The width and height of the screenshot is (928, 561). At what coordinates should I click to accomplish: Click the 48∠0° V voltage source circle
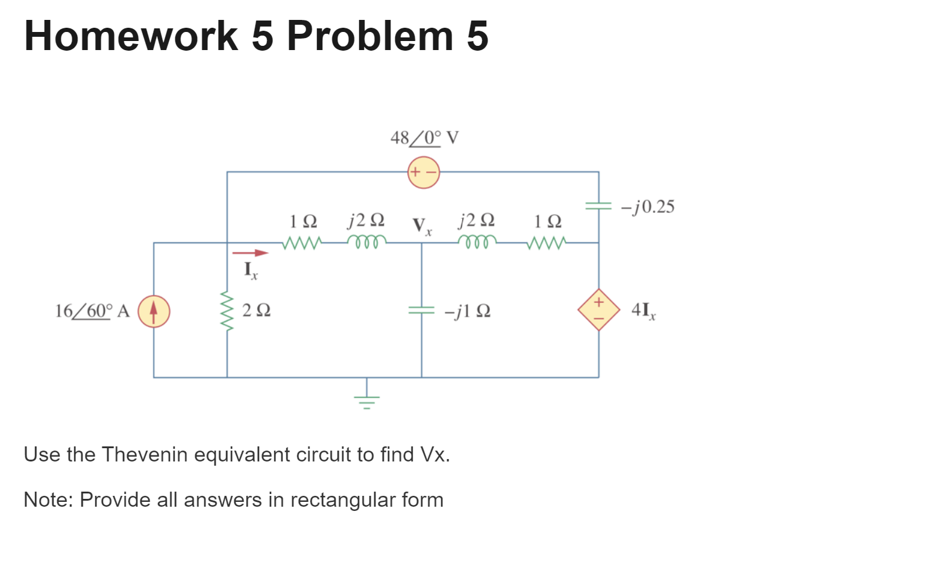(x=424, y=173)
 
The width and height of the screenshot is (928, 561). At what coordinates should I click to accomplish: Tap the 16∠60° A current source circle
(x=154, y=311)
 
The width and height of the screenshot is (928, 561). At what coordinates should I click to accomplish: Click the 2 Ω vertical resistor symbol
(x=227, y=311)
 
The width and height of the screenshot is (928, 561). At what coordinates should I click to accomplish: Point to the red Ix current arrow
(x=250, y=253)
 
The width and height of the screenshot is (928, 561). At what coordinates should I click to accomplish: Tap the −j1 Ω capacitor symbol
(x=421, y=310)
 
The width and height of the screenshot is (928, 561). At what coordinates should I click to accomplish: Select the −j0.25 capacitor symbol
(x=598, y=206)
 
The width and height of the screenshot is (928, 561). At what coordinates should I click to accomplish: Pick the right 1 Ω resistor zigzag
(x=547, y=242)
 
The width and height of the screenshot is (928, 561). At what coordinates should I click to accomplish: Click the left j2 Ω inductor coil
(x=366, y=242)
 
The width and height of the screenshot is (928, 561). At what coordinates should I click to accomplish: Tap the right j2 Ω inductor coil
(x=477, y=242)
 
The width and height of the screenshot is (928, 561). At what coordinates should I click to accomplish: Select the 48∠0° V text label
(x=424, y=138)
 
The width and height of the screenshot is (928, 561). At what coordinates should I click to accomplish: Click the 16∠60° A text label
(x=92, y=311)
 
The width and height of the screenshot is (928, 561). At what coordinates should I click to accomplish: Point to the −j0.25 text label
(x=648, y=207)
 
